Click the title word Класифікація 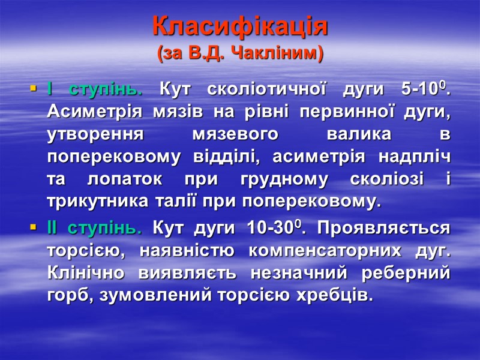tap(240, 26)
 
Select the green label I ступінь tap(95, 91)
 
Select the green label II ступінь tap(94, 229)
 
